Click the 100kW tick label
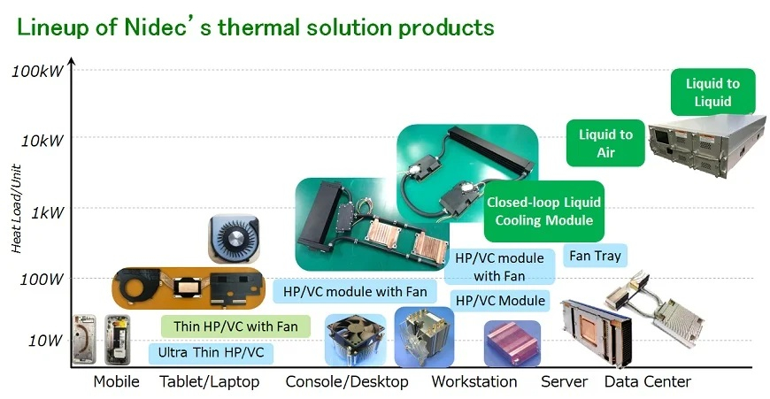tap(38, 71)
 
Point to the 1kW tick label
tap(48, 212)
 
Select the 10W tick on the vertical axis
tap(46, 340)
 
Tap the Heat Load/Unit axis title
tap(16, 209)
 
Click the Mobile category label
tap(116, 381)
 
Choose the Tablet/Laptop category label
tap(210, 382)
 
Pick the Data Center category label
tap(648, 381)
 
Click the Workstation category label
tap(474, 381)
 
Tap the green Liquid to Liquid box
tap(712, 92)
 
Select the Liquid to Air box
tap(605, 142)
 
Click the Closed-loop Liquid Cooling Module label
tap(544, 211)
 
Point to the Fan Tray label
tap(595, 255)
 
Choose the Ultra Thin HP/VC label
tap(211, 352)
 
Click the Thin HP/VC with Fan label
tap(235, 326)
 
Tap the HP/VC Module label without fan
tap(500, 300)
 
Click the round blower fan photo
tap(234, 239)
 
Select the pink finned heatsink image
tap(512, 343)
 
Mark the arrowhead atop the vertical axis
tap(72, 61)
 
